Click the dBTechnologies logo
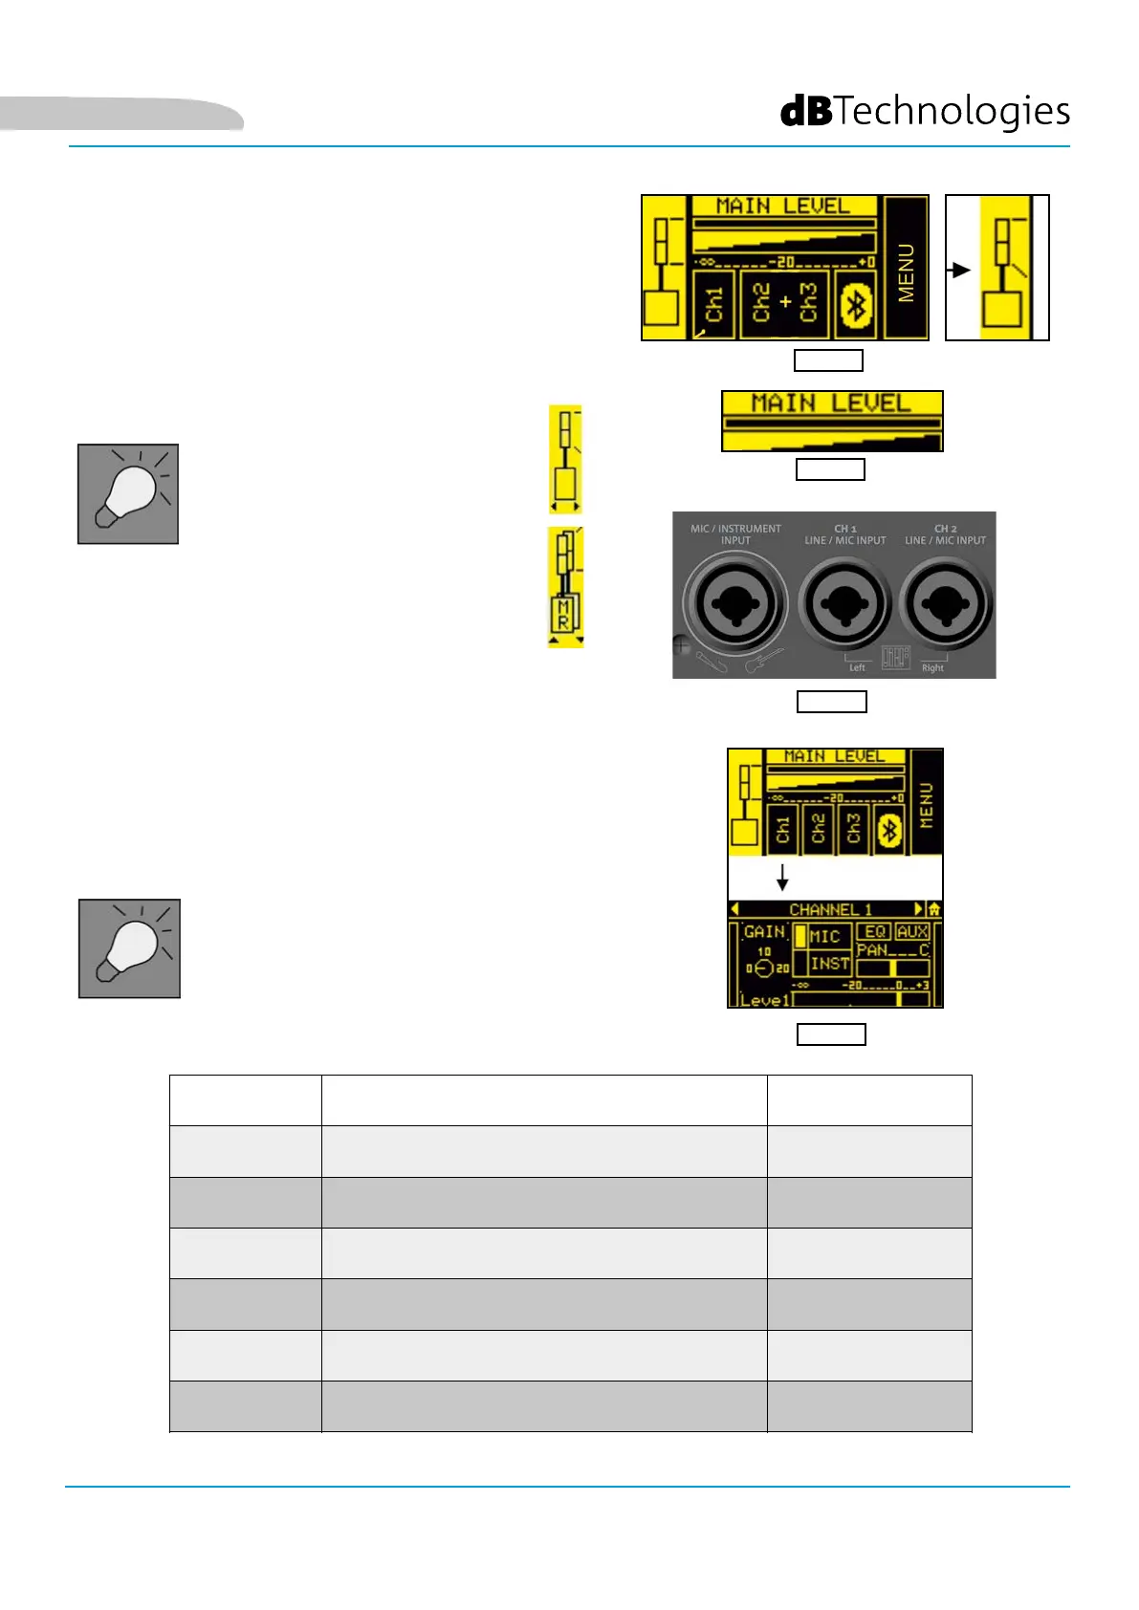click(x=925, y=111)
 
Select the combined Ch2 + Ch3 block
click(x=785, y=303)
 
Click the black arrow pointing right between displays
click(x=959, y=271)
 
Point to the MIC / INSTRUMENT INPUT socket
click(x=734, y=604)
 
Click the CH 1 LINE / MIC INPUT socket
click(x=844, y=603)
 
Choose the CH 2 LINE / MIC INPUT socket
click(x=945, y=603)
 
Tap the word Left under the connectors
click(x=857, y=667)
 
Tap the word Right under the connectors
click(x=932, y=667)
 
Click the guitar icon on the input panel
click(x=763, y=660)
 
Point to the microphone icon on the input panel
click(x=712, y=661)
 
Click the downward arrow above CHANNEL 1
click(x=782, y=877)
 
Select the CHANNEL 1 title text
click(x=830, y=909)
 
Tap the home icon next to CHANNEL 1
click(x=934, y=909)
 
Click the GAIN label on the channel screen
click(x=764, y=931)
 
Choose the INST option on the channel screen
click(x=829, y=964)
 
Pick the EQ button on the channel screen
click(x=874, y=931)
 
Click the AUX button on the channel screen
click(x=912, y=931)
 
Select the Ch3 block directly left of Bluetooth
click(x=853, y=828)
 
